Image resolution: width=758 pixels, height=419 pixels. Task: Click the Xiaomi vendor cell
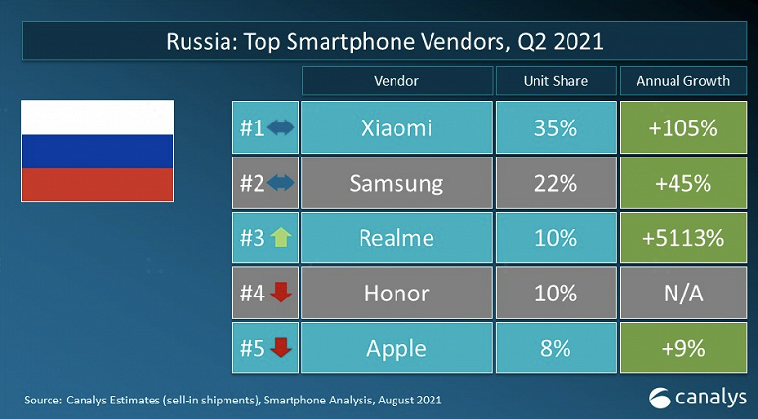(396, 128)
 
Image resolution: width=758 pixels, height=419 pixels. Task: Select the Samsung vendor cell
(396, 183)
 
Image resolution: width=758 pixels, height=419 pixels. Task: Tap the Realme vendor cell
(396, 237)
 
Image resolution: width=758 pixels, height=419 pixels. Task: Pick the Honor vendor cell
(396, 292)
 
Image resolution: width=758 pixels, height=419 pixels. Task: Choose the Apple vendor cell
(396, 346)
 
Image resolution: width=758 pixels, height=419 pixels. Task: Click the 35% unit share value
(555, 128)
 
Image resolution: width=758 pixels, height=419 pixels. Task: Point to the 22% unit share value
(555, 183)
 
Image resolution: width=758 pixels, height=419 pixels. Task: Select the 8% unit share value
(555, 346)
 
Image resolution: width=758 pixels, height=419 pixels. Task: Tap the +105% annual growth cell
(683, 128)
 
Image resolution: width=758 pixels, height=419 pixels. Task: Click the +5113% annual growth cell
(683, 237)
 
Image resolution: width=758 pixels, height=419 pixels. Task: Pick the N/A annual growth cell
(683, 292)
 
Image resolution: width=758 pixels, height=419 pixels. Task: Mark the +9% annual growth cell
(683, 346)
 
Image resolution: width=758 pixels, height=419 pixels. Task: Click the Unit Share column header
(555, 80)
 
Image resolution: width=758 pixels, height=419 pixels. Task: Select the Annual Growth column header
(683, 80)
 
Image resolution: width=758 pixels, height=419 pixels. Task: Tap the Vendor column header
(396, 80)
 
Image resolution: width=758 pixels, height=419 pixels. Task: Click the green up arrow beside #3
(281, 237)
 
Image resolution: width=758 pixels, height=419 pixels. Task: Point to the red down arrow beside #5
(281, 346)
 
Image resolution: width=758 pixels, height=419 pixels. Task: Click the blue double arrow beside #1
(281, 128)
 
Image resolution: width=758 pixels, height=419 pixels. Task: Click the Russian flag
(97, 150)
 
